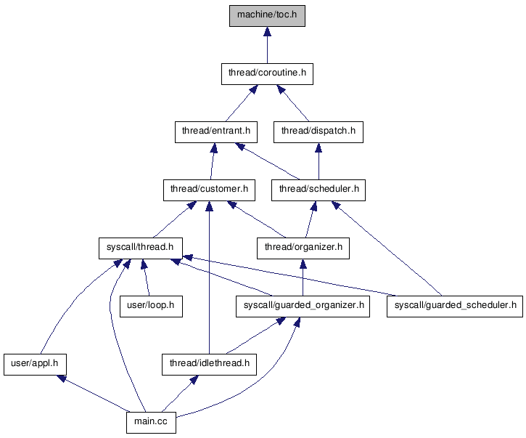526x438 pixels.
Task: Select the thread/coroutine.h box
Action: (x=267, y=73)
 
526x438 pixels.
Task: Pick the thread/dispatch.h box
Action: (x=319, y=131)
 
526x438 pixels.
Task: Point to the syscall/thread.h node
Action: (x=140, y=248)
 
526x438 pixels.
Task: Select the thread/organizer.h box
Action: (x=303, y=248)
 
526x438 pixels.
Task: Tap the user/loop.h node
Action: (x=151, y=306)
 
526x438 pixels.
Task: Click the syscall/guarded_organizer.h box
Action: (x=303, y=306)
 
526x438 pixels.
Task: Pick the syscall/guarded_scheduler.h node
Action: (x=454, y=306)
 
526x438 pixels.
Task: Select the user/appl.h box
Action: (x=36, y=361)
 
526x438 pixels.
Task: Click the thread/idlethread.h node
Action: (x=209, y=361)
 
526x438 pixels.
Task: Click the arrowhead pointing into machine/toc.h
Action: (x=267, y=32)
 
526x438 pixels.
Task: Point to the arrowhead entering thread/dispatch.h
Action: (x=319, y=148)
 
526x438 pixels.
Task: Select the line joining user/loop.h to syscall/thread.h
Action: (x=147, y=280)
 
